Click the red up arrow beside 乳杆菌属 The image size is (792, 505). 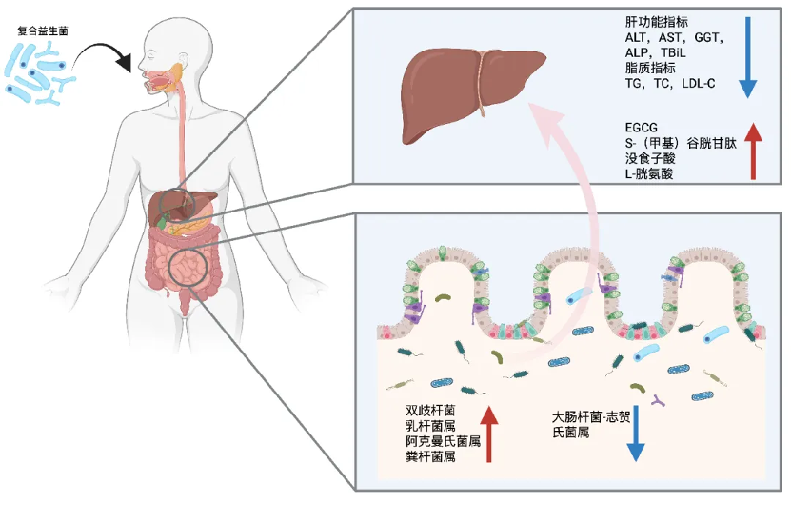(x=489, y=434)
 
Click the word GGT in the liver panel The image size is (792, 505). (x=706, y=37)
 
